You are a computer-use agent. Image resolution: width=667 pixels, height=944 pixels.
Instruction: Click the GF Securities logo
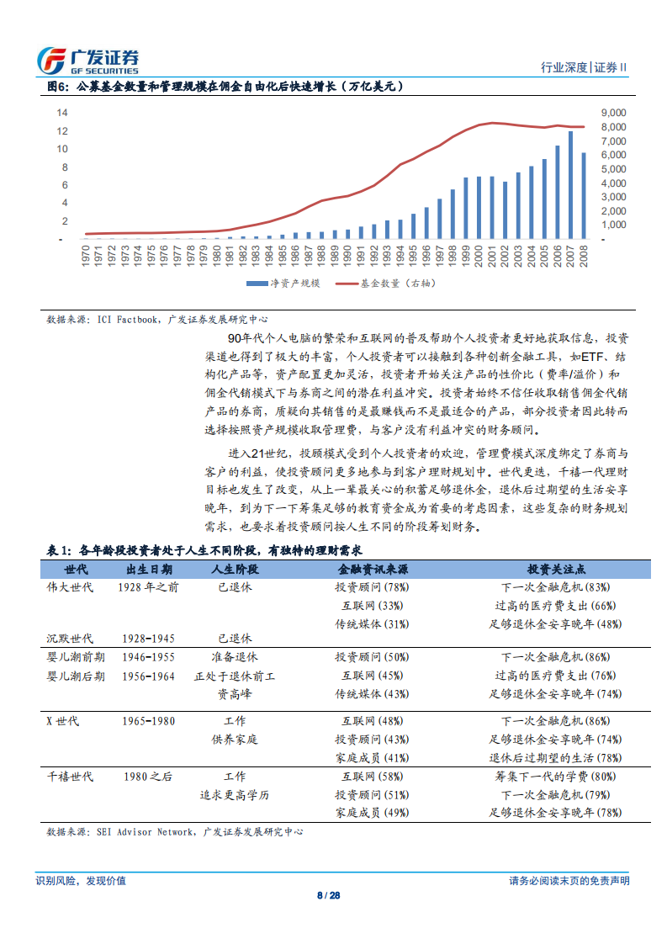[x=88, y=60]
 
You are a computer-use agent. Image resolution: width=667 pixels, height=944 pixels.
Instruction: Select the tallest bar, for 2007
[x=570, y=185]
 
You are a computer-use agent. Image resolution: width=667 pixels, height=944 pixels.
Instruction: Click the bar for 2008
[x=584, y=195]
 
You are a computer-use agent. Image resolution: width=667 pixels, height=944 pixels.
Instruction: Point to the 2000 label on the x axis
[x=479, y=256]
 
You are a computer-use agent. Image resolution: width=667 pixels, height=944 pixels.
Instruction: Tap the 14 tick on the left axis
[x=62, y=113]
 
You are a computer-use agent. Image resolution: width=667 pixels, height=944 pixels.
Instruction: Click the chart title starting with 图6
[x=225, y=87]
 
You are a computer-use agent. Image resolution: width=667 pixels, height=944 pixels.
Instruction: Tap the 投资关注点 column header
[x=555, y=569]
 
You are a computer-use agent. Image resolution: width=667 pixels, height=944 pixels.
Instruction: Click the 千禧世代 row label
[x=71, y=777]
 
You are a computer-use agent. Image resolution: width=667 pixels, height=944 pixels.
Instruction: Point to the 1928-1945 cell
[x=149, y=639]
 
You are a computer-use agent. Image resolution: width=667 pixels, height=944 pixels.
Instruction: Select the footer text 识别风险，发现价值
[x=81, y=881]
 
